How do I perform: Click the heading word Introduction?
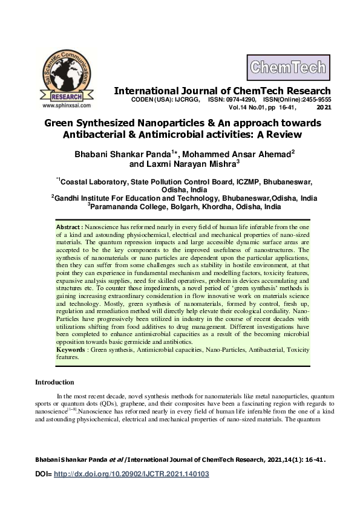coord(54,382)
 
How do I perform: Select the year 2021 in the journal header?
coord(324,108)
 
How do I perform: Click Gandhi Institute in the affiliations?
coord(87,198)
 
